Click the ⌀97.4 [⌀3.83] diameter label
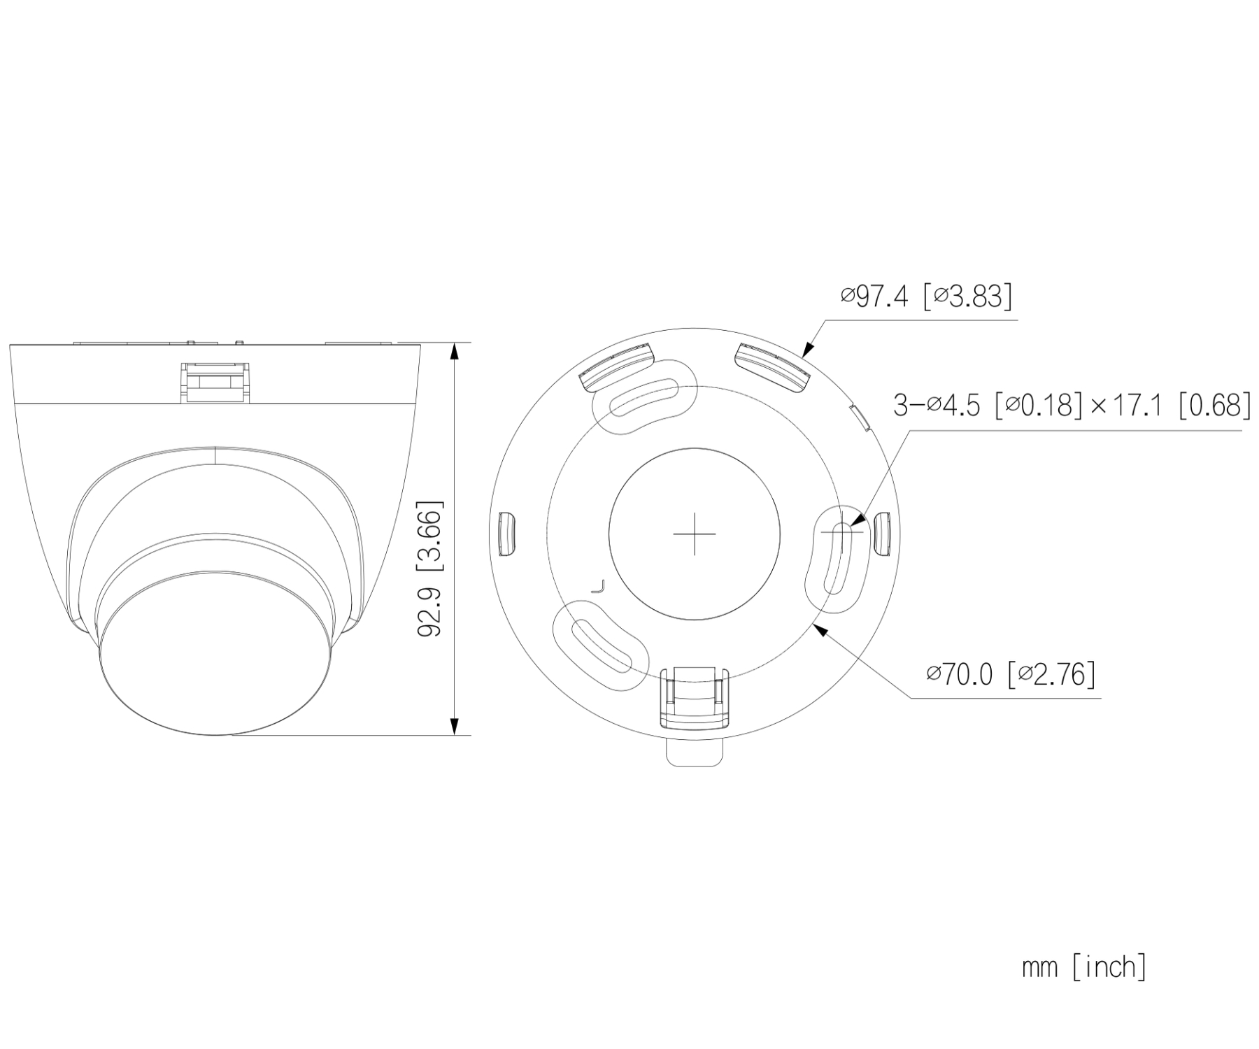point(926,297)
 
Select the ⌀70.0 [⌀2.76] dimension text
point(1011,674)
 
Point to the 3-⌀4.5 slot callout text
point(1072,405)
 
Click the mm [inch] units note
point(1084,967)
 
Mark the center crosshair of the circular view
point(694,534)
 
